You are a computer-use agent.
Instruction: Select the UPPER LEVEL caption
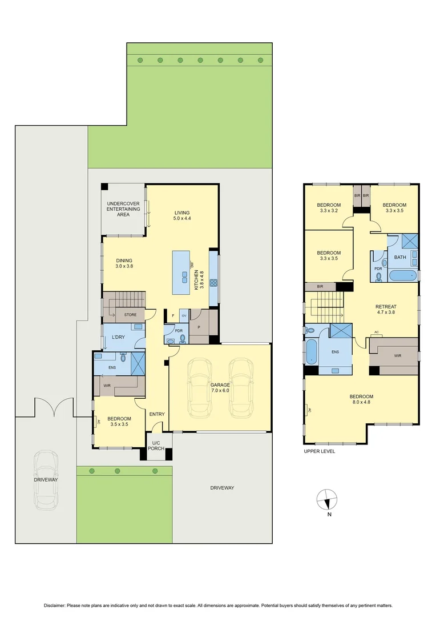pyautogui.click(x=320, y=451)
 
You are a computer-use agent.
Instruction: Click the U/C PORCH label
pyautogui.click(x=156, y=446)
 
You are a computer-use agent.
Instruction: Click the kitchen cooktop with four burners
pyautogui.click(x=214, y=282)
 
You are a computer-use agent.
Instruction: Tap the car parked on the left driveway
pyautogui.click(x=45, y=480)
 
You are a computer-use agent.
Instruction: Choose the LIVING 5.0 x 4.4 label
pyautogui.click(x=182, y=215)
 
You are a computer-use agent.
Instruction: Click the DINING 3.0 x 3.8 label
pyautogui.click(x=124, y=263)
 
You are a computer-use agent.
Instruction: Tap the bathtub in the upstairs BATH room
pyautogui.click(x=403, y=276)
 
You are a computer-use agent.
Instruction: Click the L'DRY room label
pyautogui.click(x=118, y=337)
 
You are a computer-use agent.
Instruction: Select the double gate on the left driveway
pyautogui.click(x=54, y=407)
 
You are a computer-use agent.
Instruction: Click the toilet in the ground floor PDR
pyautogui.click(x=183, y=338)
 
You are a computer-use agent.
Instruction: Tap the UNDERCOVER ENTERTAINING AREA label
pyautogui.click(x=123, y=210)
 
